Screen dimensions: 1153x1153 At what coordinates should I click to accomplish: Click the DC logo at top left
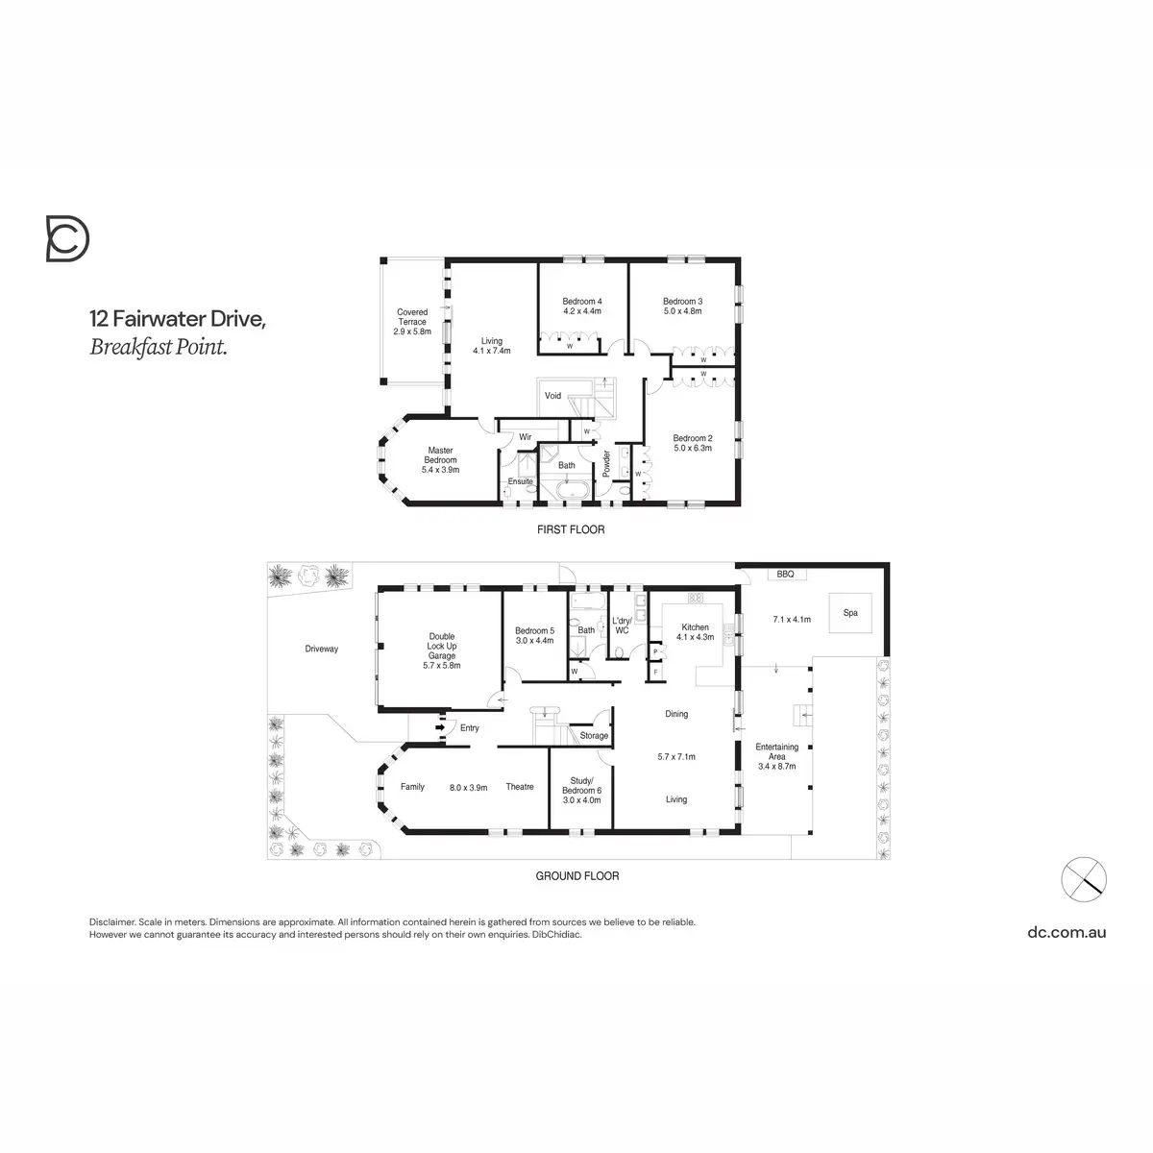pyautogui.click(x=67, y=238)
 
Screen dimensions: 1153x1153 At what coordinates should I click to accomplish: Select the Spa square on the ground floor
pyautogui.click(x=850, y=612)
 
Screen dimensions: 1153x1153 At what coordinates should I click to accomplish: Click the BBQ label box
pyautogui.click(x=778, y=574)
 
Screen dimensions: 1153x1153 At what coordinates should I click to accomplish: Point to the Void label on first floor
pyautogui.click(x=552, y=396)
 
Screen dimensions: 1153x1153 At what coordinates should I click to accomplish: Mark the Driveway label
pyautogui.click(x=322, y=650)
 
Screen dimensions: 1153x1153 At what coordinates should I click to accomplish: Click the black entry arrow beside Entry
pyautogui.click(x=441, y=727)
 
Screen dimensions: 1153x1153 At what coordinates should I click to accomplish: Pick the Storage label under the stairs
pyautogui.click(x=594, y=736)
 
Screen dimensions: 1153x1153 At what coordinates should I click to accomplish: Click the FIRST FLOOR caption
pyautogui.click(x=571, y=529)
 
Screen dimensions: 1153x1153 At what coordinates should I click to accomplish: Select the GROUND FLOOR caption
pyautogui.click(x=576, y=876)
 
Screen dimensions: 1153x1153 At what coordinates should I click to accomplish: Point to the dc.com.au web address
pyautogui.click(x=1067, y=931)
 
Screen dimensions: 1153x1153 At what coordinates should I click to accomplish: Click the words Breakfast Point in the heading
pyautogui.click(x=159, y=348)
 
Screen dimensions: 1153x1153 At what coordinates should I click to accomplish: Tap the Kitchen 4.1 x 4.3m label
pyautogui.click(x=695, y=632)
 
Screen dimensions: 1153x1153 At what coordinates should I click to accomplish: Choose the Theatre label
pyautogui.click(x=520, y=787)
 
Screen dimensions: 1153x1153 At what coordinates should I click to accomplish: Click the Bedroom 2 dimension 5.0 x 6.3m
pyautogui.click(x=692, y=448)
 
